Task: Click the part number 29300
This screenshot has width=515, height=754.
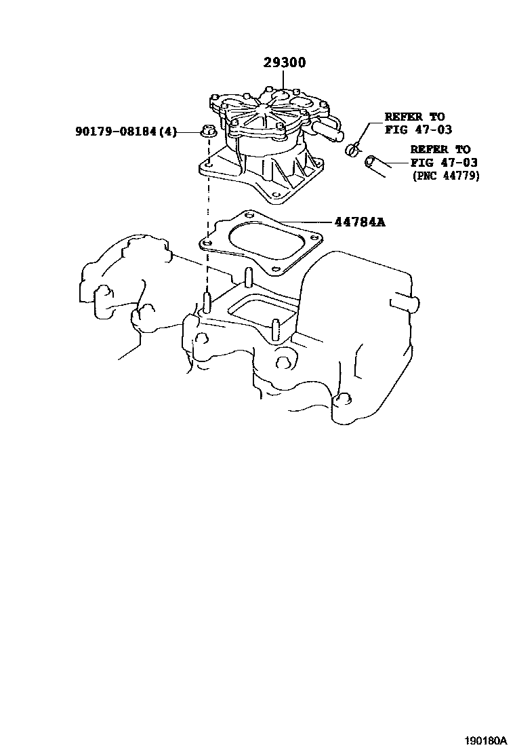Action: (x=285, y=63)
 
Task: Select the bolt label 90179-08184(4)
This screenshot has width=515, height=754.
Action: (x=126, y=132)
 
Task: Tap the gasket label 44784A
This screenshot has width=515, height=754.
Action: (x=358, y=222)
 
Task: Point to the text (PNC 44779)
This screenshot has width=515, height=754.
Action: (x=446, y=176)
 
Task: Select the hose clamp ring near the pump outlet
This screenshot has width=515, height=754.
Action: (x=352, y=148)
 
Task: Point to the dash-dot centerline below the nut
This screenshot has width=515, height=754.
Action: (x=207, y=217)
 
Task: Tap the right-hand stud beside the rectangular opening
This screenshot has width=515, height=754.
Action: (x=276, y=330)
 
